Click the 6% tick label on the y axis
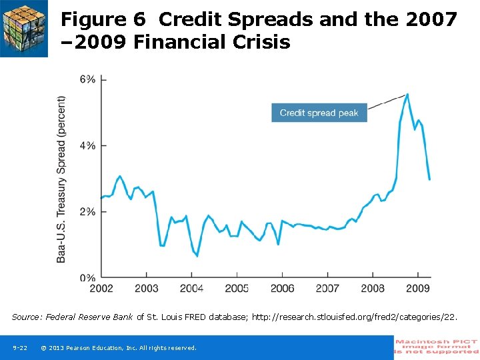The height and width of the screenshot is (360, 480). coord(87,79)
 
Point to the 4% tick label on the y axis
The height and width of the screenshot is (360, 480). coord(87,145)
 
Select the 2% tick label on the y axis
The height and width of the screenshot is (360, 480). coord(87,211)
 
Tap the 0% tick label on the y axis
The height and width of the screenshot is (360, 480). coord(87,277)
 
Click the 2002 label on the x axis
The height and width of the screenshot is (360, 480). coord(101,288)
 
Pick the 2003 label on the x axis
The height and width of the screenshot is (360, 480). coord(147,288)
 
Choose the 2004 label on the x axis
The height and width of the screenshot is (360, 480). coord(192,288)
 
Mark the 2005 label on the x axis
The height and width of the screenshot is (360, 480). coord(237,288)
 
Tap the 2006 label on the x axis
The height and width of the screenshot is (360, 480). coord(282,288)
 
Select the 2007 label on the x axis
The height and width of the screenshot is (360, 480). coord(327,288)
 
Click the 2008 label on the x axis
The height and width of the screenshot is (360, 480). coord(373,288)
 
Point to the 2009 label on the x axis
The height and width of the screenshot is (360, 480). coord(417,288)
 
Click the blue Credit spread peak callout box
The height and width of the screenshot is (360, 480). coord(319,113)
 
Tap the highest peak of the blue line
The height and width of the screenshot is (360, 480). coord(407,94)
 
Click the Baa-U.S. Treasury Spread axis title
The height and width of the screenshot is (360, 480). coord(61,179)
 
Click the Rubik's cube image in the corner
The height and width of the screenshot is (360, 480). coord(24,28)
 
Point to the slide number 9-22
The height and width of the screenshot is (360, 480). coord(20,348)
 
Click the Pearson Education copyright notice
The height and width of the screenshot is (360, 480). coord(119,348)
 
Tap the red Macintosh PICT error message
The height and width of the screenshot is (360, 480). coord(437,347)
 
